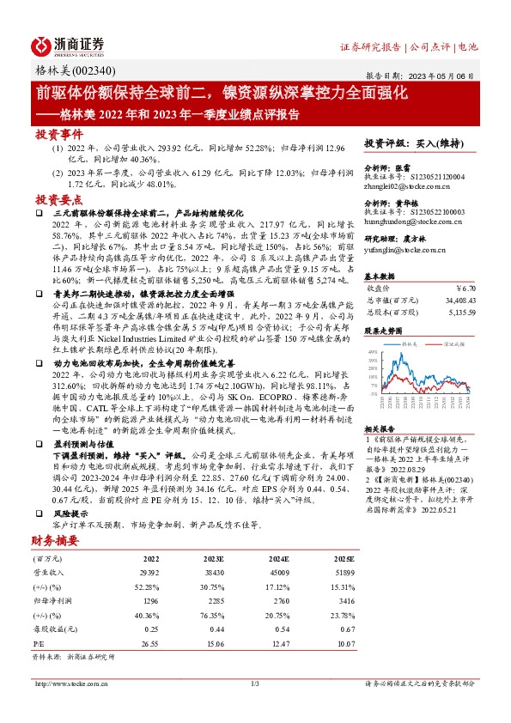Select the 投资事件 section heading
pos(58,135)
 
